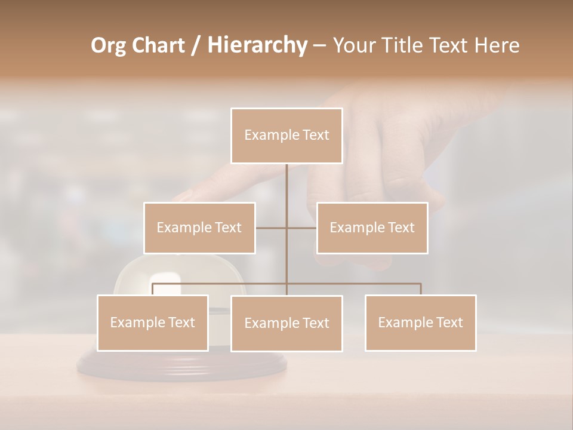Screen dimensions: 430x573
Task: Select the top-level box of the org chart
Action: point(286,136)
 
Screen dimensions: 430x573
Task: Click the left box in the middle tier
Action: point(199,228)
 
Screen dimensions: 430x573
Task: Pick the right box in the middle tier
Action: point(372,228)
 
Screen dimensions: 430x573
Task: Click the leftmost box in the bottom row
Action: point(153,322)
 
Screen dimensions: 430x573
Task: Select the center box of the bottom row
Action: point(286,323)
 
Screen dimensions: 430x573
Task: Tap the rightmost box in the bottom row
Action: point(420,322)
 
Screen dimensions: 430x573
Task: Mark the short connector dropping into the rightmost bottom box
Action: point(420,289)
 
